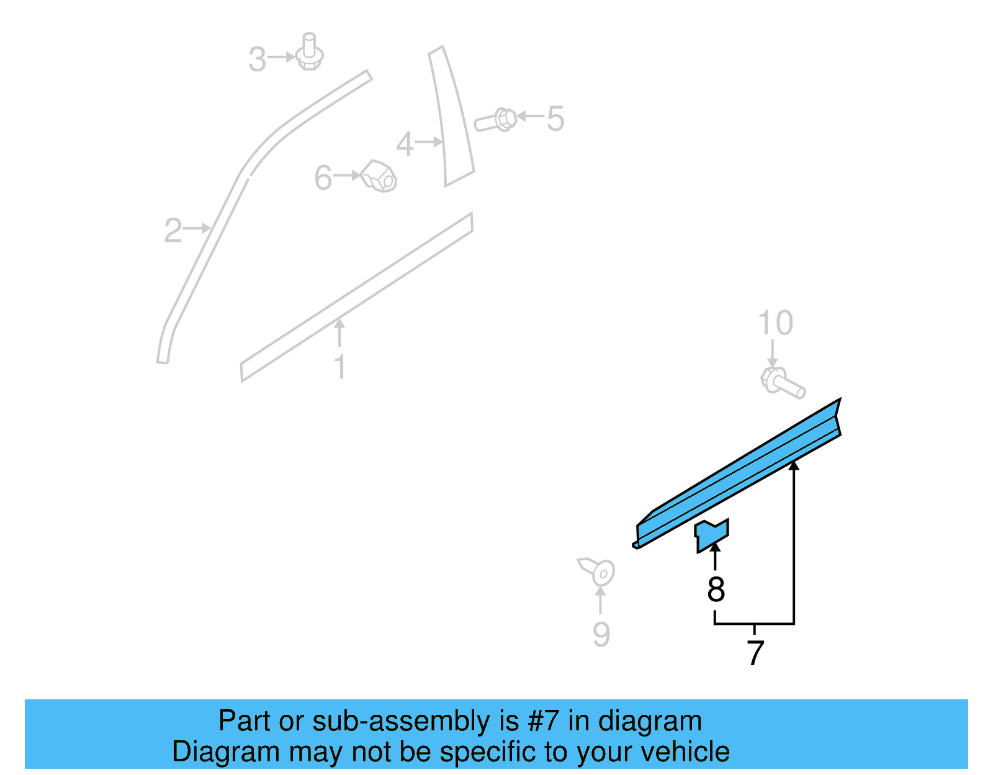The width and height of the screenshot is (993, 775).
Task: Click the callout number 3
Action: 257,60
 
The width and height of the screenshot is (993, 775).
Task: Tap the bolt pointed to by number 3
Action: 309,53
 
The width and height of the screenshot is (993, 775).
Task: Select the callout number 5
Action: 555,119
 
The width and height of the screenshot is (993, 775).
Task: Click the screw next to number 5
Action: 497,120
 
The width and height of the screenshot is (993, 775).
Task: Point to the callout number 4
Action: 405,145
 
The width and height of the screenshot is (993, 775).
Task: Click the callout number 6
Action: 323,178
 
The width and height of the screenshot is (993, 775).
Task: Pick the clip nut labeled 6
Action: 379,176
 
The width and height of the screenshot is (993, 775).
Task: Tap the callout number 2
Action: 173,231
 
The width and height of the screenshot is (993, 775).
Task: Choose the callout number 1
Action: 340,367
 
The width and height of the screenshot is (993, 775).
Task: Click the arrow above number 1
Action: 339,332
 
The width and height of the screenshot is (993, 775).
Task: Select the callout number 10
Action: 775,323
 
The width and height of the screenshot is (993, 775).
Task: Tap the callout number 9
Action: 601,634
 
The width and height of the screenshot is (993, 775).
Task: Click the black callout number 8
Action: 716,589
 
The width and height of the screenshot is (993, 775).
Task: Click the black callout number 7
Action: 755,653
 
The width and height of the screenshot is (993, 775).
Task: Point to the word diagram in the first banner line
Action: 650,721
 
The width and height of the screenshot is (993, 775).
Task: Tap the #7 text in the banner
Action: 543,721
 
